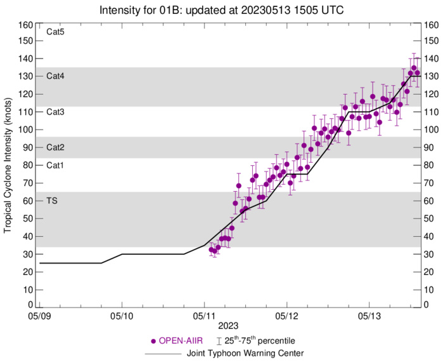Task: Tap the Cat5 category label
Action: pyautogui.click(x=56, y=32)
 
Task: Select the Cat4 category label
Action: pyautogui.click(x=56, y=76)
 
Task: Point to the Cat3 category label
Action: pyautogui.click(x=56, y=112)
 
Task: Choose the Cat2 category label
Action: pyautogui.click(x=56, y=147)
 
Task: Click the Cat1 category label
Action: pyautogui.click(x=56, y=165)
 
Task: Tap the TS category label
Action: pyautogui.click(x=53, y=201)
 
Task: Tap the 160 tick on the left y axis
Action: pyautogui.click(x=25, y=25)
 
